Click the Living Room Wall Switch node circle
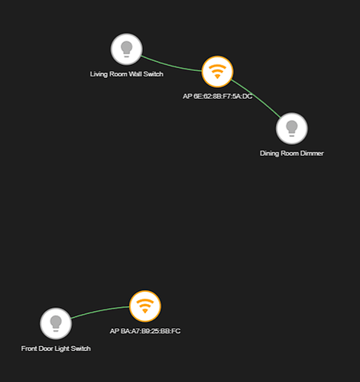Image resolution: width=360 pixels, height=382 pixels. [x=126, y=49]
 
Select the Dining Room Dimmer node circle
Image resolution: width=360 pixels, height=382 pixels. [x=292, y=128]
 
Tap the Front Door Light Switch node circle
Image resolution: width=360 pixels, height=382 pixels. [x=56, y=323]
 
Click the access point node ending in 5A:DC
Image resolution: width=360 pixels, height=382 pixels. [x=217, y=72]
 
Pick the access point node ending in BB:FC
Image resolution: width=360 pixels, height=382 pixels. [x=145, y=306]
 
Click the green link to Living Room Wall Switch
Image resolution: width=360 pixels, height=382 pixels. [x=171, y=66]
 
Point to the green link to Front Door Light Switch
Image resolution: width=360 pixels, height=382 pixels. [x=99, y=310]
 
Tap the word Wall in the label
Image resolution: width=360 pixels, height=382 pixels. [x=135, y=74]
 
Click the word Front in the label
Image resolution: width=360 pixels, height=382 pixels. [x=29, y=348]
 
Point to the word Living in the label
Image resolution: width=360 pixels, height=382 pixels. [x=99, y=74]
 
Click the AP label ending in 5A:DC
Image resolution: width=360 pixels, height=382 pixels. [x=217, y=96]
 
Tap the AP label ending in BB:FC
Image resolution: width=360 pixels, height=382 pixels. [x=145, y=331]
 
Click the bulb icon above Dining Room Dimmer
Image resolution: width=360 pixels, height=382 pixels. [x=292, y=128]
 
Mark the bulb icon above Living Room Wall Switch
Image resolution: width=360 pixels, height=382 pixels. [x=126, y=49]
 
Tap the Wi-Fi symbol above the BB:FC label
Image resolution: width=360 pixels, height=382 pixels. [x=145, y=306]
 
